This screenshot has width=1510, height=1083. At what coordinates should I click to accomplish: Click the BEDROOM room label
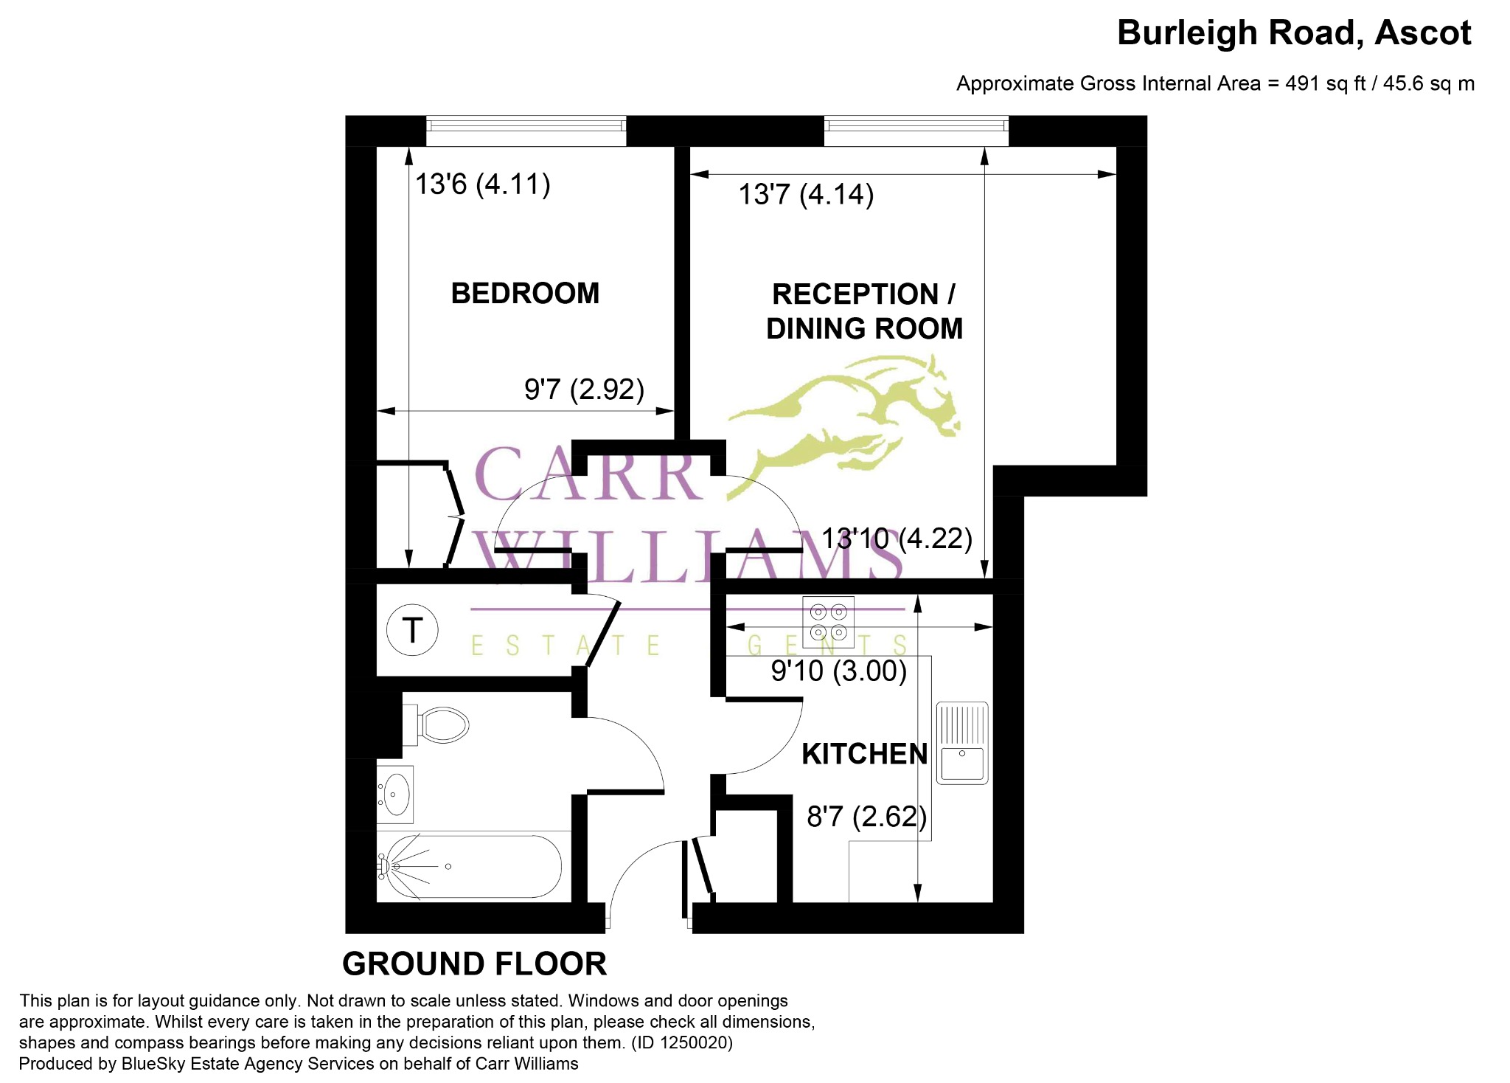(x=525, y=294)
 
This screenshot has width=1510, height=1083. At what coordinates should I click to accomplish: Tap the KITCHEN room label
(x=864, y=754)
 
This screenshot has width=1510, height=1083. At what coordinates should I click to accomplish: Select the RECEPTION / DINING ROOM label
(x=864, y=311)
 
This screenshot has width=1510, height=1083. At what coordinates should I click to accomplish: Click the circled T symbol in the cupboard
(x=413, y=630)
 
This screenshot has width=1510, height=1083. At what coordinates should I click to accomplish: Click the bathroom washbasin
(x=395, y=795)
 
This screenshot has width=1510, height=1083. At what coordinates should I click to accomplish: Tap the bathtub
(x=470, y=866)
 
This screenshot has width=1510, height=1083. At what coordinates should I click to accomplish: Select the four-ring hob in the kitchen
(x=828, y=622)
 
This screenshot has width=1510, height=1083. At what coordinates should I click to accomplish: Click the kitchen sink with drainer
(x=962, y=742)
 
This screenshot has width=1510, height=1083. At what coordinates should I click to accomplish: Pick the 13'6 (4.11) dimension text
(x=482, y=184)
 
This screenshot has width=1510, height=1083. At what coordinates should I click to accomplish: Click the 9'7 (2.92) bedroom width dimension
(x=584, y=389)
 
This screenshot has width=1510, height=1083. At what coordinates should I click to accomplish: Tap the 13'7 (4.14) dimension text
(x=806, y=195)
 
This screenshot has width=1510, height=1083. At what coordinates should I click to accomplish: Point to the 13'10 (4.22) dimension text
(x=897, y=539)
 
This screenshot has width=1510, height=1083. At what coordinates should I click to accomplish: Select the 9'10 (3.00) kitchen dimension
(x=839, y=671)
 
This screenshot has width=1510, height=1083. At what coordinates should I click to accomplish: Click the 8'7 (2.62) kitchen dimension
(x=866, y=817)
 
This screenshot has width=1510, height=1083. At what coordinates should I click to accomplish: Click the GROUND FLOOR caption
(x=474, y=963)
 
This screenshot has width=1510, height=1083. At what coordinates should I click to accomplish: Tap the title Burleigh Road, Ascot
(x=1294, y=33)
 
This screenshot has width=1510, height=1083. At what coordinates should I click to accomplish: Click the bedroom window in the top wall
(x=526, y=131)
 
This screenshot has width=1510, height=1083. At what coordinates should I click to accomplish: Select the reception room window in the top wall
(x=916, y=131)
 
